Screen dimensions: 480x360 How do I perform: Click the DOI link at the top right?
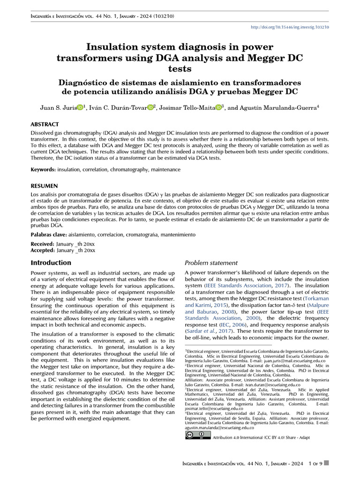pos(290,27)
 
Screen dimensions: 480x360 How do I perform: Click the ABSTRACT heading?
pos(45,125)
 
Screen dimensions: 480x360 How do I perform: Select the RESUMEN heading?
pos(44,186)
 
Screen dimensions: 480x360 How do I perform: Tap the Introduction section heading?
pos(51,263)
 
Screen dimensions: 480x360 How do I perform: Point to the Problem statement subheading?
pos(211,263)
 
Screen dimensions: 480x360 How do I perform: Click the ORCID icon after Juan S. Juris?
pos(80,108)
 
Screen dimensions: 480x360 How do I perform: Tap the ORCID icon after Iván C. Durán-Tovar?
pos(150,108)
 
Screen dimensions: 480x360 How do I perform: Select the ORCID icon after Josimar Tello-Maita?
pos(218,108)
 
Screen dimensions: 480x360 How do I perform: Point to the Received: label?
pos(42,244)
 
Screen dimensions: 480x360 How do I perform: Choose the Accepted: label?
pos(42,250)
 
